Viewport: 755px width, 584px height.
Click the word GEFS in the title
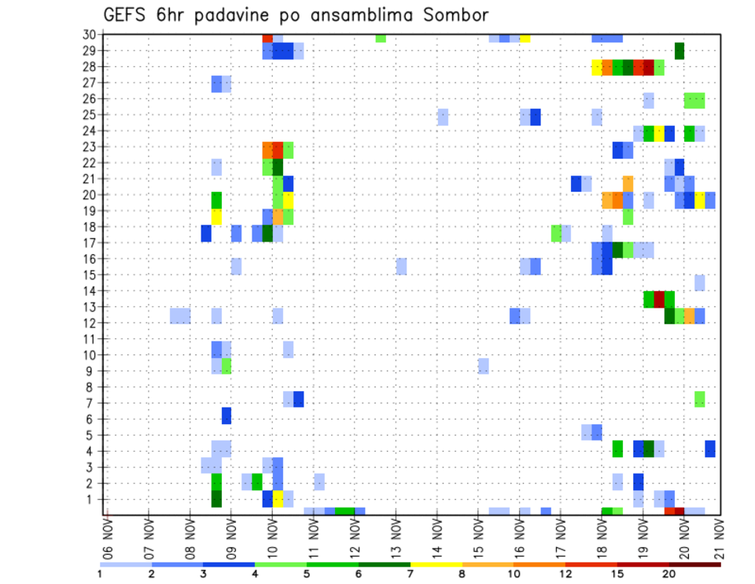(128, 15)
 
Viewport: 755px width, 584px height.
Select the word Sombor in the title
(454, 15)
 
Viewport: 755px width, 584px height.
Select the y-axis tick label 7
(91, 403)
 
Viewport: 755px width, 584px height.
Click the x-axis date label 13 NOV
(396, 537)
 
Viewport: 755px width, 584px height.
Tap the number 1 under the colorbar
(100, 573)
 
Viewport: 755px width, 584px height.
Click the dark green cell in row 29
(679, 50)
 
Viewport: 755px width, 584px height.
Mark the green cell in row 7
(700, 399)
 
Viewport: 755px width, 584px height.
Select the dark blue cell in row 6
(226, 415)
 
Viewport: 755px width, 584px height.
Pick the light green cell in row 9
(226, 366)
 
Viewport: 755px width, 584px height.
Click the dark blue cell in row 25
(536, 116)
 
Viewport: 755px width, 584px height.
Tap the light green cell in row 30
(381, 38)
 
